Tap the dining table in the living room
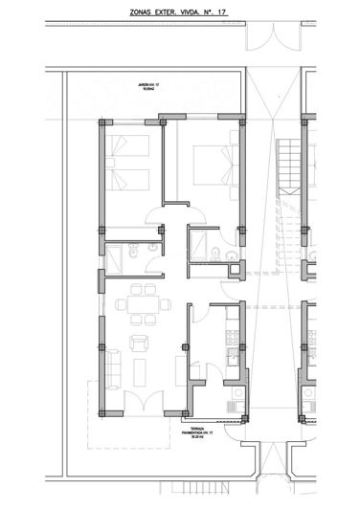click(140, 308)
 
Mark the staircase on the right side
click(287, 167)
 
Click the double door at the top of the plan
click(273, 37)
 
